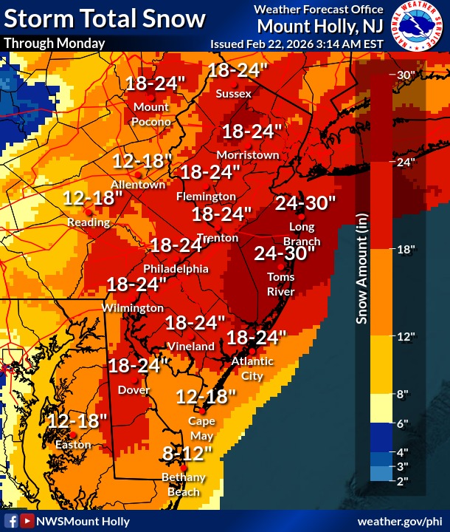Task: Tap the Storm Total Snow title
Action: tap(104, 17)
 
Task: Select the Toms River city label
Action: tap(281, 284)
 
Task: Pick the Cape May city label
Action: tap(201, 426)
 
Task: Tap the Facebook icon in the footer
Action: tap(11, 521)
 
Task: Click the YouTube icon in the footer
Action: tap(27, 521)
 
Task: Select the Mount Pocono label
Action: tap(152, 115)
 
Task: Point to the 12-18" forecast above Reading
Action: tap(92, 198)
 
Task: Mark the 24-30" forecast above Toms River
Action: tap(285, 253)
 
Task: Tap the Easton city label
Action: tap(73, 445)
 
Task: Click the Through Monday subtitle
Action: tap(55, 44)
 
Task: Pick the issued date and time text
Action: tap(297, 44)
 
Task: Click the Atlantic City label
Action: tap(252, 367)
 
